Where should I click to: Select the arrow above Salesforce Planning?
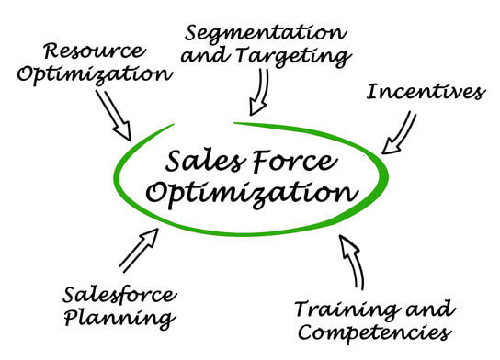(139, 250)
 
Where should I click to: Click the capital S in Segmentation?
(194, 33)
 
